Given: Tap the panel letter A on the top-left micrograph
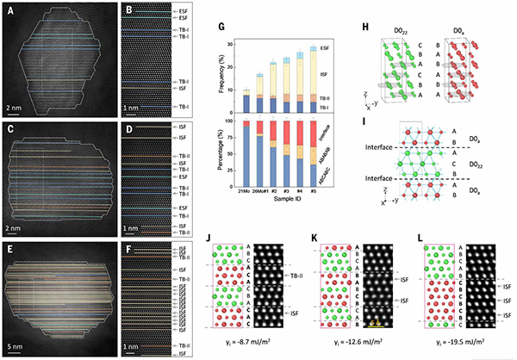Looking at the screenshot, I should coord(11,13).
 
